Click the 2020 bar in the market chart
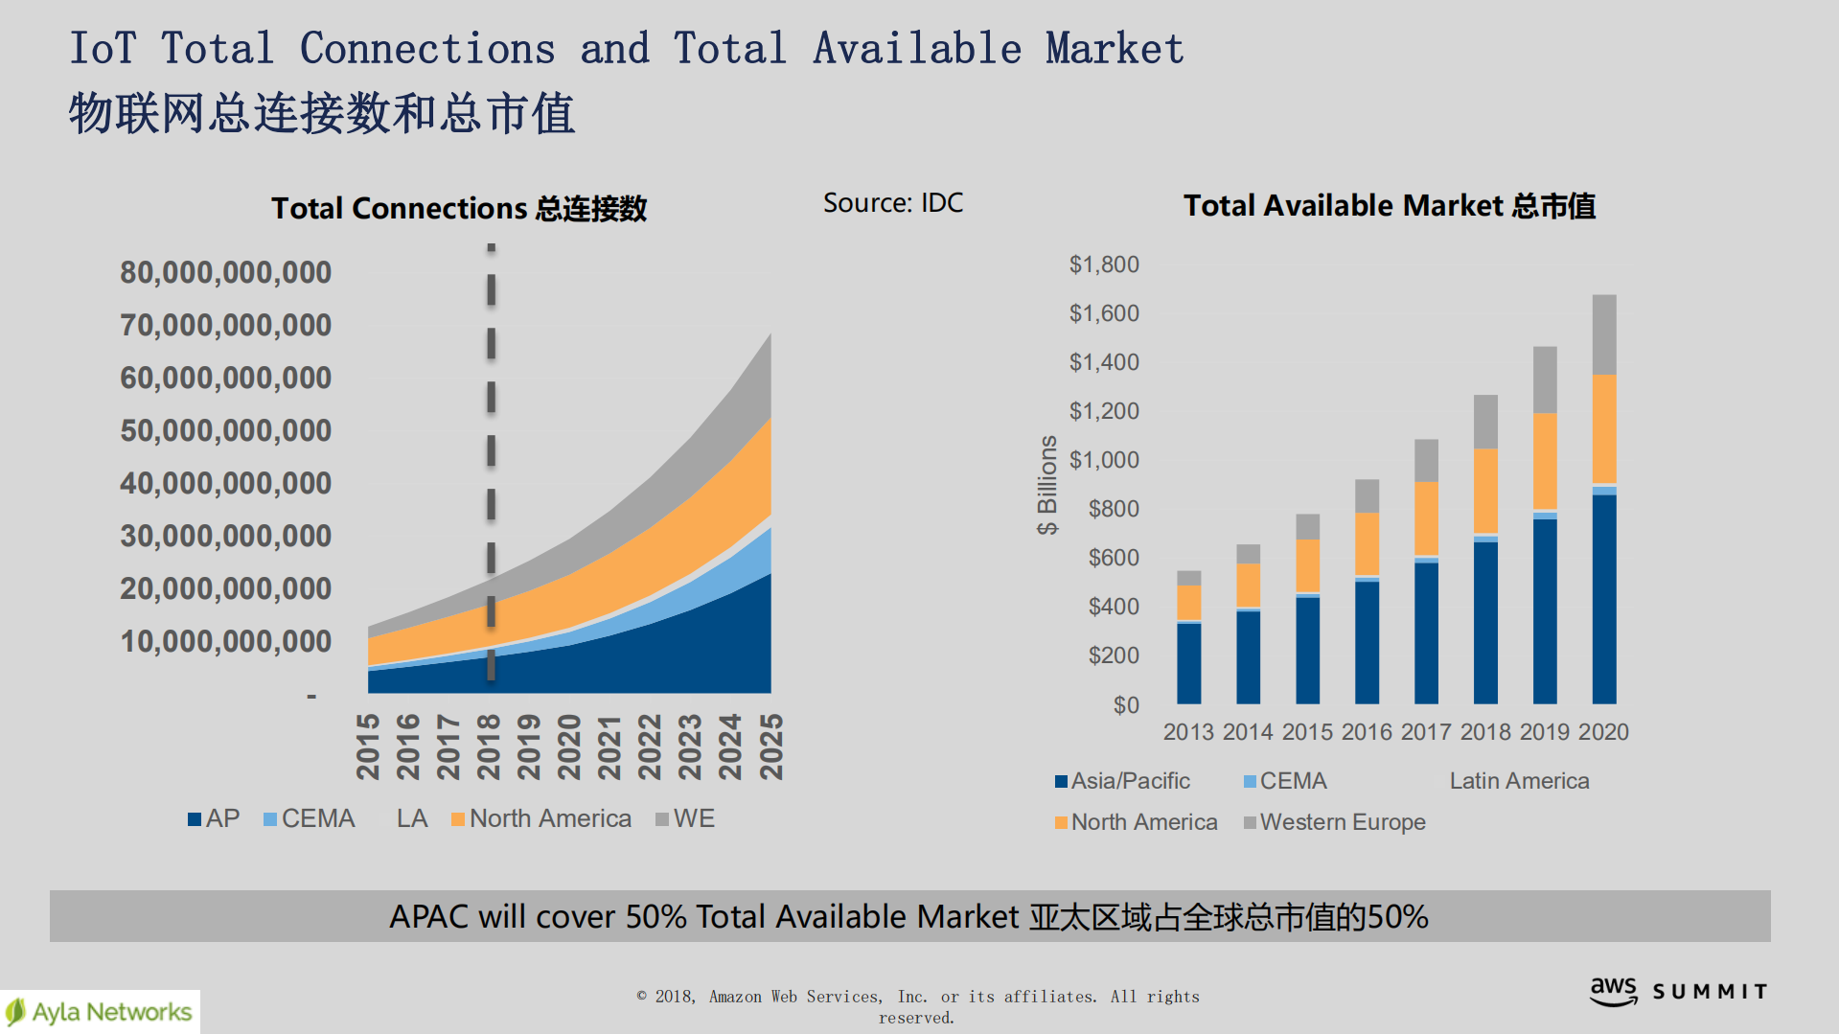coord(1603,498)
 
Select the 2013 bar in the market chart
coord(1188,637)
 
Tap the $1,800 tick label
coord(1104,264)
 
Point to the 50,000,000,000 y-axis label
coord(226,431)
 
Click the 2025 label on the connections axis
coord(771,746)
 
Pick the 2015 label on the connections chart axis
coord(368,746)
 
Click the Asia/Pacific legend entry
coord(1122,781)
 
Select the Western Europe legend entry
coord(1334,822)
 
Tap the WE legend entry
coord(685,818)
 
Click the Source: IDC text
coord(893,203)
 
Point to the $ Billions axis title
coord(1047,485)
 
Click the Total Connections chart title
coord(459,208)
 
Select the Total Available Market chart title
coord(1390,205)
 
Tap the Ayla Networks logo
coord(100,1012)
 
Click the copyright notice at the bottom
coord(917,1006)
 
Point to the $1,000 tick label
coord(1104,460)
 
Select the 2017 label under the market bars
coord(1426,732)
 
